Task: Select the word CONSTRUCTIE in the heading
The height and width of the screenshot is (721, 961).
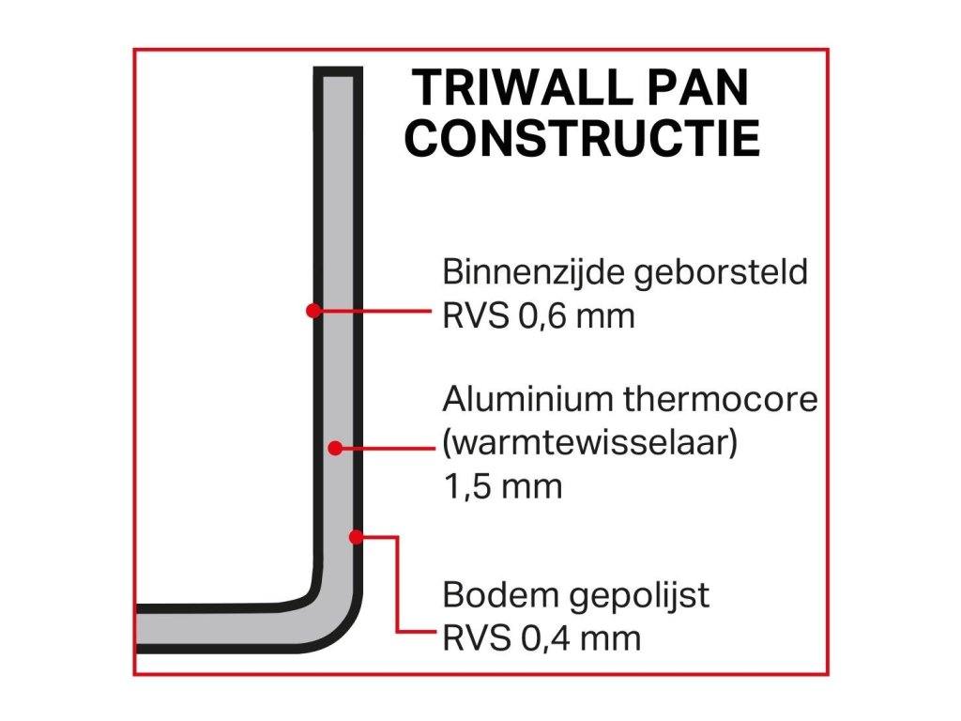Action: click(587, 137)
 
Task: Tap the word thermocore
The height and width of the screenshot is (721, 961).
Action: click(721, 401)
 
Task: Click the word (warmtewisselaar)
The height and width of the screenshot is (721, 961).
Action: click(589, 443)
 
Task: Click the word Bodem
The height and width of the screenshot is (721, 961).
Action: click(490, 596)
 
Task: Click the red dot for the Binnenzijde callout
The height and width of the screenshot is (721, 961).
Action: click(314, 310)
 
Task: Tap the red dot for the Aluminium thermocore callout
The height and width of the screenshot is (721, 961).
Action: click(335, 449)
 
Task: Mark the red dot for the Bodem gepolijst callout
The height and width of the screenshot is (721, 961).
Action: click(356, 537)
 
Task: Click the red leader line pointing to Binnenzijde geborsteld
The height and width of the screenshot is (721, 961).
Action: click(375, 310)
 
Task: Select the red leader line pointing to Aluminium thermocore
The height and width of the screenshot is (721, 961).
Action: click(387, 449)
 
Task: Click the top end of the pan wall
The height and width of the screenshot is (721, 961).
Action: click(336, 73)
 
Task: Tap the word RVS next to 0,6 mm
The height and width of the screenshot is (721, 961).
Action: click(475, 316)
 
